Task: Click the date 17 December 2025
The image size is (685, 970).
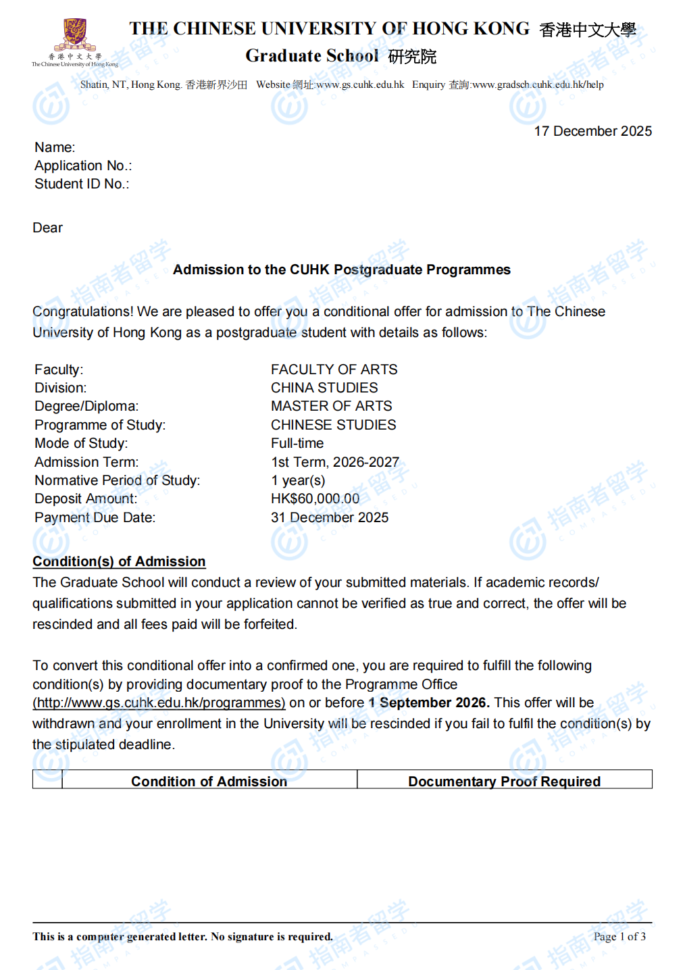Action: click(592, 131)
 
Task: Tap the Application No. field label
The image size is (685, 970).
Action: click(83, 165)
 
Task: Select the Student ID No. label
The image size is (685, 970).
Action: click(82, 184)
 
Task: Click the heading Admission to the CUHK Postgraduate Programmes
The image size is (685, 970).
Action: click(341, 270)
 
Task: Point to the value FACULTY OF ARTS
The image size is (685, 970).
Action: click(334, 369)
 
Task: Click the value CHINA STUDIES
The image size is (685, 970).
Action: click(324, 388)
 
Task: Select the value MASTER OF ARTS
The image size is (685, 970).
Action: click(331, 406)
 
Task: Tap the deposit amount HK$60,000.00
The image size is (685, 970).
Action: click(315, 499)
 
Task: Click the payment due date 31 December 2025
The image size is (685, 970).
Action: click(330, 517)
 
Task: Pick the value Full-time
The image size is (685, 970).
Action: click(297, 443)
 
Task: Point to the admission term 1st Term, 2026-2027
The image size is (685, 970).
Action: click(334, 462)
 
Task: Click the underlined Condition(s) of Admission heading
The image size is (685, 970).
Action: click(119, 561)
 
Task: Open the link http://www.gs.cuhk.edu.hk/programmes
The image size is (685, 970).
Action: click(159, 703)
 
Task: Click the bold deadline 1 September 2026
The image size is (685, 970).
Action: click(428, 703)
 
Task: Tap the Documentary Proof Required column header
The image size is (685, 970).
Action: click(504, 781)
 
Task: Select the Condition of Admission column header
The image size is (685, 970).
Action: click(209, 781)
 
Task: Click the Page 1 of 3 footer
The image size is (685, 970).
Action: click(619, 936)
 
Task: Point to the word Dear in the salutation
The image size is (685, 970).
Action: click(47, 228)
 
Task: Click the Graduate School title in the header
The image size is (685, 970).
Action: click(312, 56)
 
